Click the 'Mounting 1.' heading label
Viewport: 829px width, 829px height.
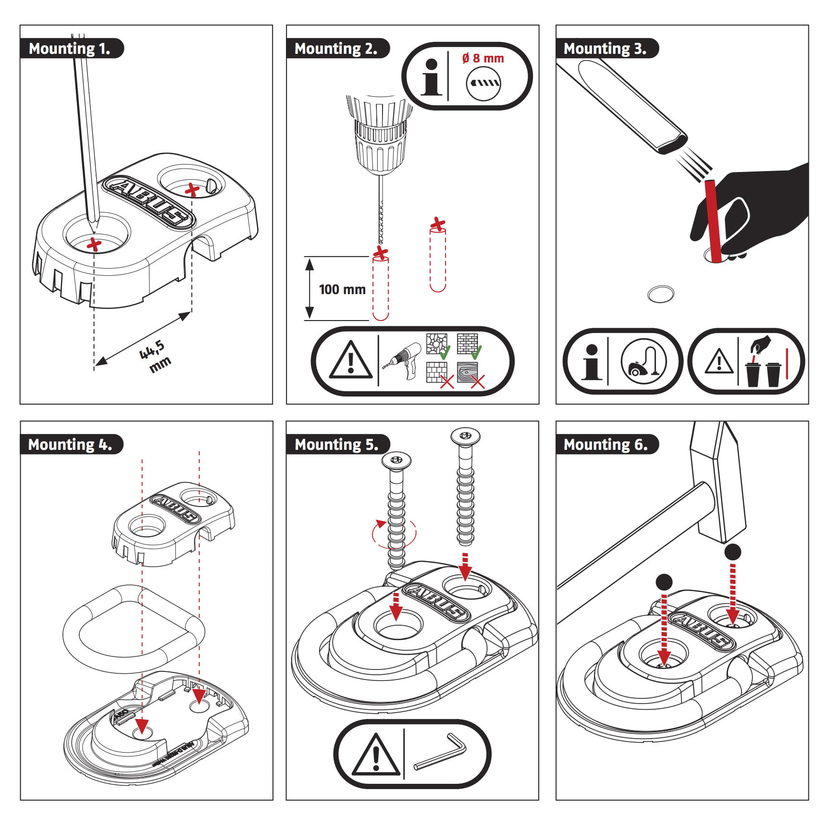[70, 49]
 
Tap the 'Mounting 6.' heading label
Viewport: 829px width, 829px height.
[606, 445]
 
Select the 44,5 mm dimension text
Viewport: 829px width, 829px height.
[155, 356]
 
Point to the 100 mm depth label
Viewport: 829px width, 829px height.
[342, 289]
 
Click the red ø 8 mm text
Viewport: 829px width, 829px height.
[483, 59]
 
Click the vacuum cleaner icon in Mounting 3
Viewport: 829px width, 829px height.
[643, 361]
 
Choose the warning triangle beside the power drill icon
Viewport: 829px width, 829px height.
[351, 361]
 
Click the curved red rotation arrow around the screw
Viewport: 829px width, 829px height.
[394, 533]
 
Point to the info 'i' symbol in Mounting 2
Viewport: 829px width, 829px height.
[431, 77]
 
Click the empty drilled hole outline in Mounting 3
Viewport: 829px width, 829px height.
[661, 294]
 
